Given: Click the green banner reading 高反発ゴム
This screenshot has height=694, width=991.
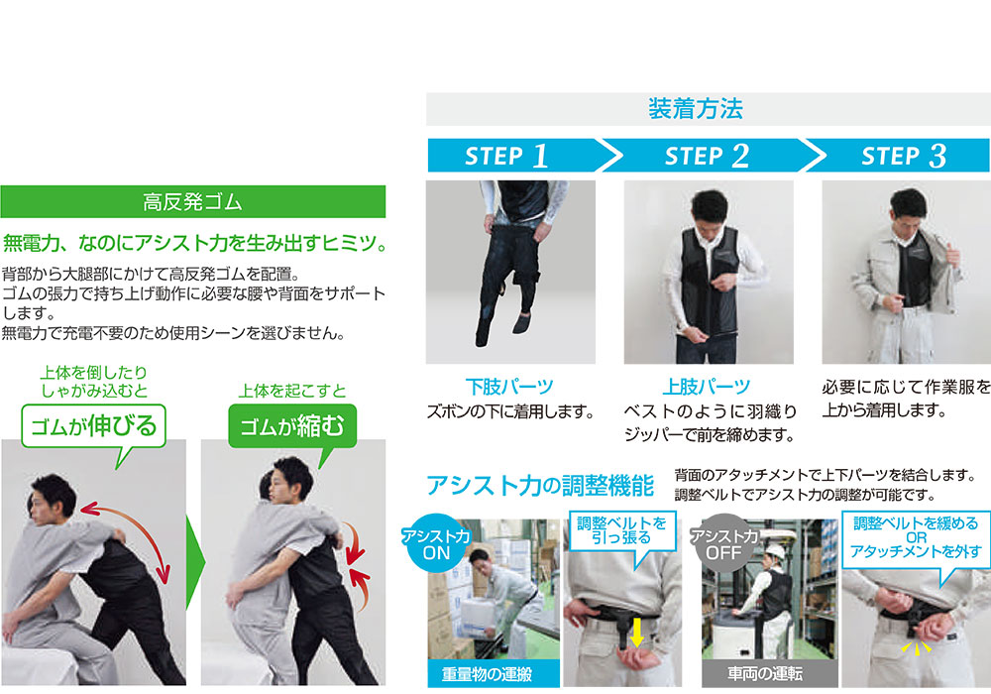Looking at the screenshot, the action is pos(193,201).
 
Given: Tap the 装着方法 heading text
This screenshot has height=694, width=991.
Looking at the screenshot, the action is pos(696,109).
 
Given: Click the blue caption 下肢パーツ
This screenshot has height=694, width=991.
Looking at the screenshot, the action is pos(509,387).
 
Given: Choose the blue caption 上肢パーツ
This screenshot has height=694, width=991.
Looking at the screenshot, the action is pos(707,387).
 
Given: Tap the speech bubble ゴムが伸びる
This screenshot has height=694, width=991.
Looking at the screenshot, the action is pos(93,426).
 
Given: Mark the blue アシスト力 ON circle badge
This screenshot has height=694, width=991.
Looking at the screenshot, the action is pos(436,543).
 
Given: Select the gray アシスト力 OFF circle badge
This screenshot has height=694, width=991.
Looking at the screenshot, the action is pos(723,543).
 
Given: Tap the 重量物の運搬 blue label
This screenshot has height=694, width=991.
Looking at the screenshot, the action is pos(487,674).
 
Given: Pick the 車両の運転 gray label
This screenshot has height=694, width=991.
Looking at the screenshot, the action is pos(765,674).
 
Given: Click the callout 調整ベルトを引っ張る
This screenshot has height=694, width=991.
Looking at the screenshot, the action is pos(622,531).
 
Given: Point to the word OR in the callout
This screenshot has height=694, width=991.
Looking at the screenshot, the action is pos(916,538).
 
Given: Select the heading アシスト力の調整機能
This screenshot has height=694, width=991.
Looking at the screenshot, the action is pos(540,486).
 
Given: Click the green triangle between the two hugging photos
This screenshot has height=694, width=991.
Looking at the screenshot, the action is pos(195,562).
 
